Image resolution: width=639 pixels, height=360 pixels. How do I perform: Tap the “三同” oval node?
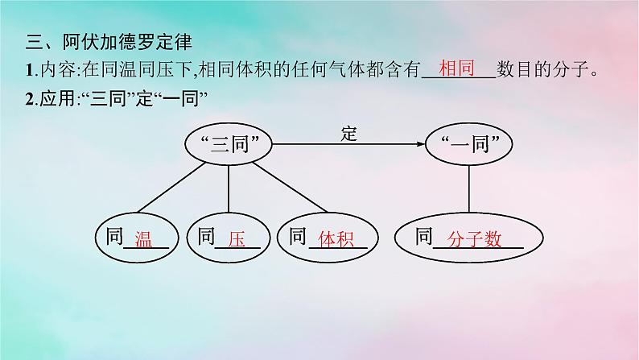231,146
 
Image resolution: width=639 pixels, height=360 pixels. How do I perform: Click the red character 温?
144,238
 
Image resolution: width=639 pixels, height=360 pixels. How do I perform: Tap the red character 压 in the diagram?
236,238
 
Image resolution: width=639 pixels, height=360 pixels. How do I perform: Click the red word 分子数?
476,238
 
